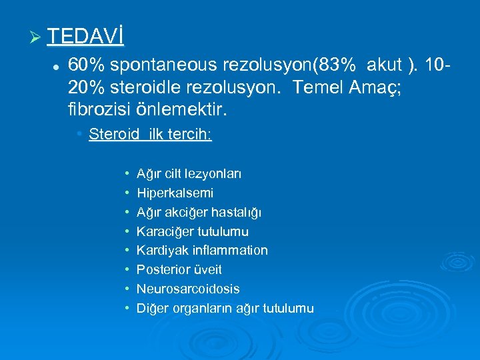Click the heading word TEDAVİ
tap(85, 37)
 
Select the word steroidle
tap(142, 86)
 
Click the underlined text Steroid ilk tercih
tap(150, 135)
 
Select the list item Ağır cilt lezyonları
tap(189, 174)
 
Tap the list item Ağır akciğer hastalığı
tap(199, 213)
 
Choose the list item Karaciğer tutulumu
tap(192, 231)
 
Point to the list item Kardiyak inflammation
tap(202, 251)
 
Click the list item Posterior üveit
tap(179, 270)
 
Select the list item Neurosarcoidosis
tap(188, 289)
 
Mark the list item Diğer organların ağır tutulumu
tap(225, 308)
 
